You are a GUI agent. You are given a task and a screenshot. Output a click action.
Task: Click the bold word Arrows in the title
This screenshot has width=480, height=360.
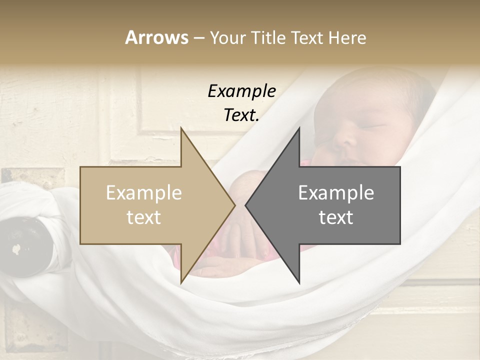pos(156,37)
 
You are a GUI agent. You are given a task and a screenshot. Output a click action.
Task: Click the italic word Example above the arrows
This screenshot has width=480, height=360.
pos(241,91)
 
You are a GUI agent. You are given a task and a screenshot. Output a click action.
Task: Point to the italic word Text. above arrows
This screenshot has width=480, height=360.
pos(241,115)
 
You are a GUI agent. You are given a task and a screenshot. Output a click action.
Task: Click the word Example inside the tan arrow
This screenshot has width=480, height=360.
pos(143,193)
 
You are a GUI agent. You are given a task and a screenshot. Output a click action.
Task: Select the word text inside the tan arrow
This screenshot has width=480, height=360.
pos(143,217)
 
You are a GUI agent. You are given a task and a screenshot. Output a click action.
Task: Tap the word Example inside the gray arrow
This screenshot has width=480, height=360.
pos(336,193)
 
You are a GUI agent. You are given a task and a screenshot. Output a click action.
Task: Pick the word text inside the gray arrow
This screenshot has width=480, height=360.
pos(336,217)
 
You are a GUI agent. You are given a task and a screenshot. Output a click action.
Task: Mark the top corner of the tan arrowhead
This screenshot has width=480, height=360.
pos(181,129)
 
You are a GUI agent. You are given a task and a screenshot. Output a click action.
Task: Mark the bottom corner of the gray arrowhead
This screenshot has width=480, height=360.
pos(299,282)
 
